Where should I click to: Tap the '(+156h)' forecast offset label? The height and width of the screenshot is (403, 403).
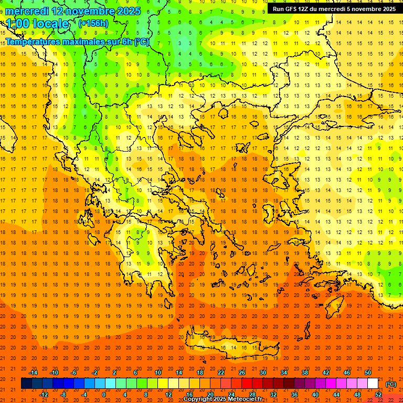93,23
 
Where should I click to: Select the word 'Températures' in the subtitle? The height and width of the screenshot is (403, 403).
34,41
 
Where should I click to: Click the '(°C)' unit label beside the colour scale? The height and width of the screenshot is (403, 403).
391,384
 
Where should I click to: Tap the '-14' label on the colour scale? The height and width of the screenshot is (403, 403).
34,373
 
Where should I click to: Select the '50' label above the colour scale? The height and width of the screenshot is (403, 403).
368,373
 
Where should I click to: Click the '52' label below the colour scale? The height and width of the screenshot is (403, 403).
378,395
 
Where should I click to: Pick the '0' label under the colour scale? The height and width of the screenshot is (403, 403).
104,395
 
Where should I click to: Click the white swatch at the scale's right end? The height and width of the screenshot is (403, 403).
373,384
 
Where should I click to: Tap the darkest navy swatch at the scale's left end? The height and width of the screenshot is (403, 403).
26,384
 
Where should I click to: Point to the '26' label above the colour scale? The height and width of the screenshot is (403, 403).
242,373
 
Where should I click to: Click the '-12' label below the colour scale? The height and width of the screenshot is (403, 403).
44,395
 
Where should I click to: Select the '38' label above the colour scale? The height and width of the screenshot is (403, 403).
305,373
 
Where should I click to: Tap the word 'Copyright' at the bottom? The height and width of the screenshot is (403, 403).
198,399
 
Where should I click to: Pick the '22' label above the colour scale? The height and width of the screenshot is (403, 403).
221,373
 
